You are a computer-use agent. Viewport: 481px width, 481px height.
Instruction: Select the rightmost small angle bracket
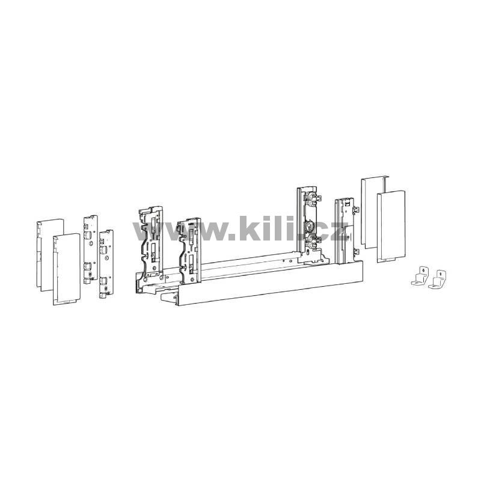click(437, 280)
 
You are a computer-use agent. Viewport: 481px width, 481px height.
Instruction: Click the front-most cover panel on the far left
click(66, 269)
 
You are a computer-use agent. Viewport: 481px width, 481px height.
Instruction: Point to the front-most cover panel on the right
click(391, 227)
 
